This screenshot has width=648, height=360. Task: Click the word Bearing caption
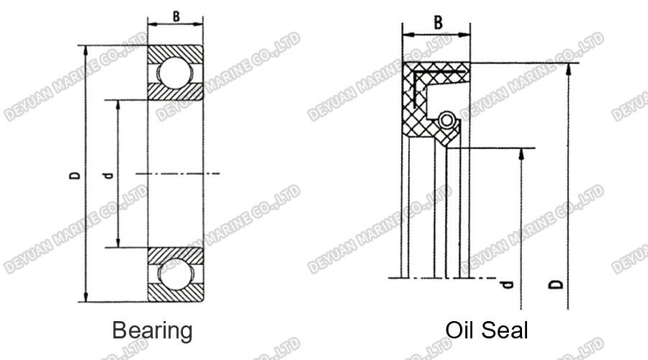[x=152, y=330]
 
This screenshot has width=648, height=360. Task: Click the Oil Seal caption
[x=487, y=330]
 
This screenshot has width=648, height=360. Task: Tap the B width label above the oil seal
[x=437, y=22]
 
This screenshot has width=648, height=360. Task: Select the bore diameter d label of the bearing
[x=108, y=175]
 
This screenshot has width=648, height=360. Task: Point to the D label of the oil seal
[x=557, y=284]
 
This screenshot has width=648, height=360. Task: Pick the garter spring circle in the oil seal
[x=446, y=120]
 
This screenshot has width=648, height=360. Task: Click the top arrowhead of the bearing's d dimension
[x=119, y=103]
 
